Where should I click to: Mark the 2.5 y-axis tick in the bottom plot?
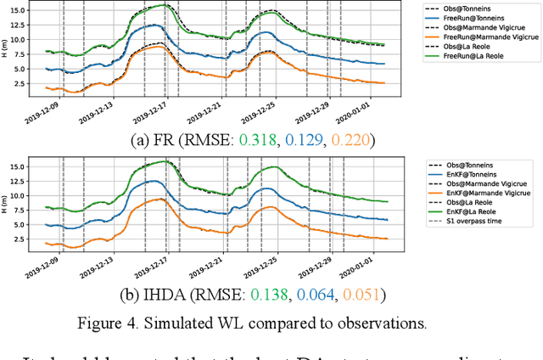point(25,239)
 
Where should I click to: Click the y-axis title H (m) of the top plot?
point(8,48)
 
